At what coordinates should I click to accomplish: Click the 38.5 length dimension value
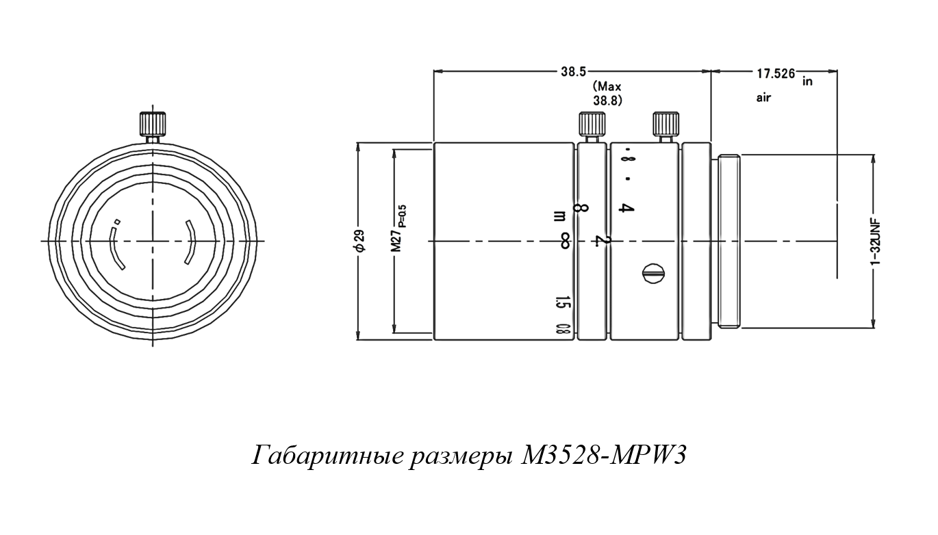[x=573, y=70]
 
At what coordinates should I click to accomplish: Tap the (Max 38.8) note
[x=607, y=93]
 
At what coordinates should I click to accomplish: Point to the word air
[x=763, y=98]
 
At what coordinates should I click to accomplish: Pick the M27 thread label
[x=396, y=240]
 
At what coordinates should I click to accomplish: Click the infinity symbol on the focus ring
[x=565, y=240]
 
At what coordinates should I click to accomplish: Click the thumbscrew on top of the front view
[x=153, y=125]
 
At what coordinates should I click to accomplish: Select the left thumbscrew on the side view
[x=591, y=125]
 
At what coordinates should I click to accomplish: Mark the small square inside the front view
[x=117, y=222]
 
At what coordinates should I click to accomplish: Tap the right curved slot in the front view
[x=190, y=242]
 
